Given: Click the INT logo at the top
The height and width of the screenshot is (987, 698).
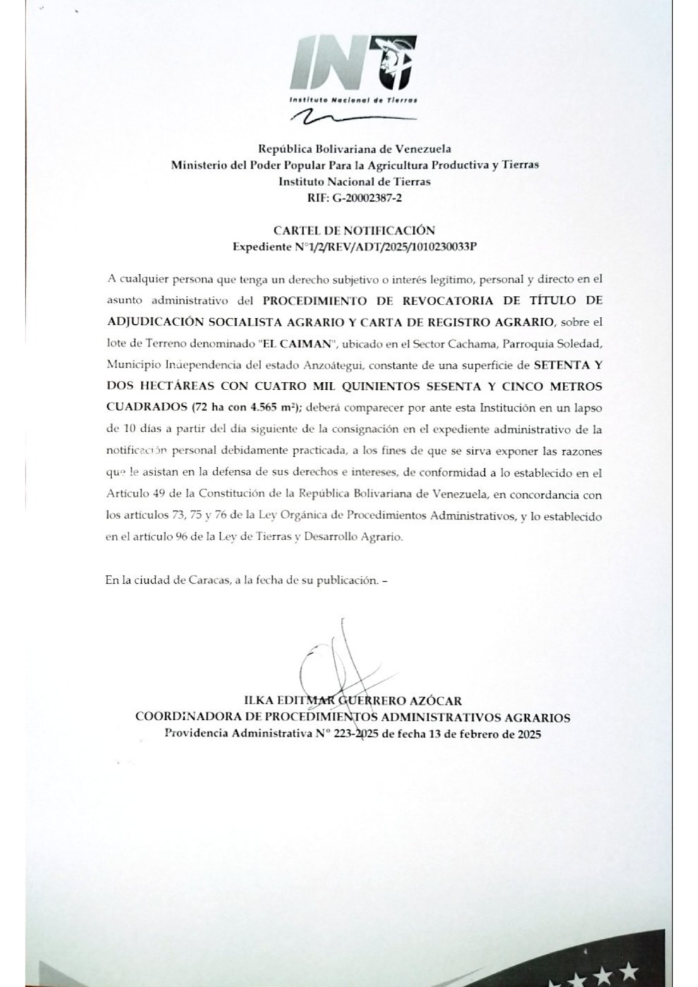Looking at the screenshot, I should (353, 63).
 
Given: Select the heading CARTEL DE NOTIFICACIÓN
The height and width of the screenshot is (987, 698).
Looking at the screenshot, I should (354, 230).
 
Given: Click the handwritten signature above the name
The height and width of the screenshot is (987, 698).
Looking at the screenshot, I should (332, 663).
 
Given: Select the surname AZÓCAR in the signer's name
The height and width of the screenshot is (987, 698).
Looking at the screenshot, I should (438, 701).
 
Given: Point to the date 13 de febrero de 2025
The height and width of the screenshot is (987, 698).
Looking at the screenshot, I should (479, 734).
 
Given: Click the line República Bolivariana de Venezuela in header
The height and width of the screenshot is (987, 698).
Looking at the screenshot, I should (354, 149).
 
